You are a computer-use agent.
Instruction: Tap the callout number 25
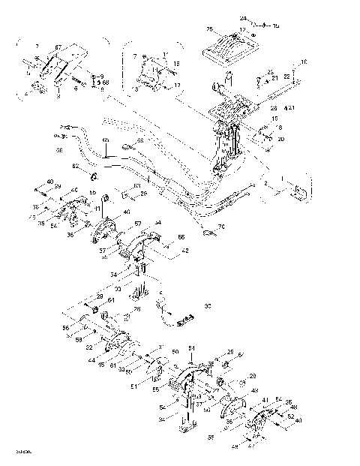(x=210, y=29)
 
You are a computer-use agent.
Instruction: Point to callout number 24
(x=243, y=17)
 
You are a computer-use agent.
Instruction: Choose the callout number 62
(x=75, y=166)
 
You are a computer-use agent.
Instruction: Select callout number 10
(x=304, y=62)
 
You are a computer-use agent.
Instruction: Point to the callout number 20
(x=282, y=139)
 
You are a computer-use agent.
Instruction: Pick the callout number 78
(x=136, y=309)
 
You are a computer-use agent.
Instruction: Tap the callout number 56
(x=66, y=328)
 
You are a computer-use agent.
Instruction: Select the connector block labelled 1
(x=297, y=191)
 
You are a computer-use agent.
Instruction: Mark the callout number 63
(x=136, y=187)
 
